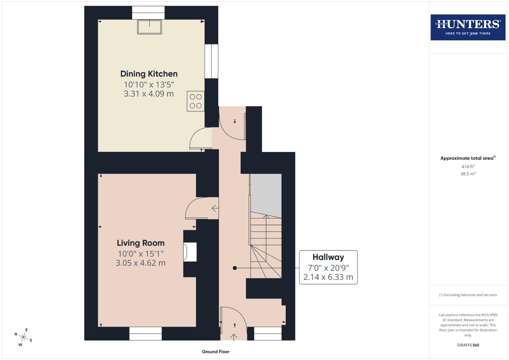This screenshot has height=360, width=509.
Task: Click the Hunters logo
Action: pyautogui.click(x=468, y=27)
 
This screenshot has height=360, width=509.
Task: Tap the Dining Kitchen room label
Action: pyautogui.click(x=149, y=74)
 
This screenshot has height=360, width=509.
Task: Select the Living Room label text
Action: pyautogui.click(x=140, y=243)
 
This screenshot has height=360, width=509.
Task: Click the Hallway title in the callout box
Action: pyautogui.click(x=328, y=257)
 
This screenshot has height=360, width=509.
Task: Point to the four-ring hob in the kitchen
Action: pyautogui.click(x=196, y=101)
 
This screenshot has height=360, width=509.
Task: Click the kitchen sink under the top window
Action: pyautogui.click(x=149, y=27)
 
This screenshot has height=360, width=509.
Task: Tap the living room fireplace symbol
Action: pyautogui.click(x=189, y=252)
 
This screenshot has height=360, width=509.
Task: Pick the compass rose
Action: pyautogui.click(x=23, y=337)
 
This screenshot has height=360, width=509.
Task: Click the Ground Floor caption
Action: pyautogui.click(x=215, y=351)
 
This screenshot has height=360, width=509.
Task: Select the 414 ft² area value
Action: pyautogui.click(x=468, y=166)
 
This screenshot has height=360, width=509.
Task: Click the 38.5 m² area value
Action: pyautogui.click(x=468, y=174)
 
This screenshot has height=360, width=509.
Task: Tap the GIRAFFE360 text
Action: pyautogui.click(x=468, y=345)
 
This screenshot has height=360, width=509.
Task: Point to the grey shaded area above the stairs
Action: pyautogui.click(x=266, y=193)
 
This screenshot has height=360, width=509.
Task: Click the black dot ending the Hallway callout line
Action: pyautogui.click(x=235, y=268)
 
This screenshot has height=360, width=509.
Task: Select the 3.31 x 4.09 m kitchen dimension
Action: pyautogui.click(x=149, y=94)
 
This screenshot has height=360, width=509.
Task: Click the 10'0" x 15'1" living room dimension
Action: pyautogui.click(x=140, y=254)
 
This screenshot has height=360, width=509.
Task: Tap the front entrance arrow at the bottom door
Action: pyautogui.click(x=234, y=337)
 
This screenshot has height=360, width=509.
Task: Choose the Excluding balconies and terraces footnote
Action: pyautogui.click(x=468, y=295)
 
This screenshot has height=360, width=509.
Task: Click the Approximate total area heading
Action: pyautogui.click(x=467, y=158)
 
